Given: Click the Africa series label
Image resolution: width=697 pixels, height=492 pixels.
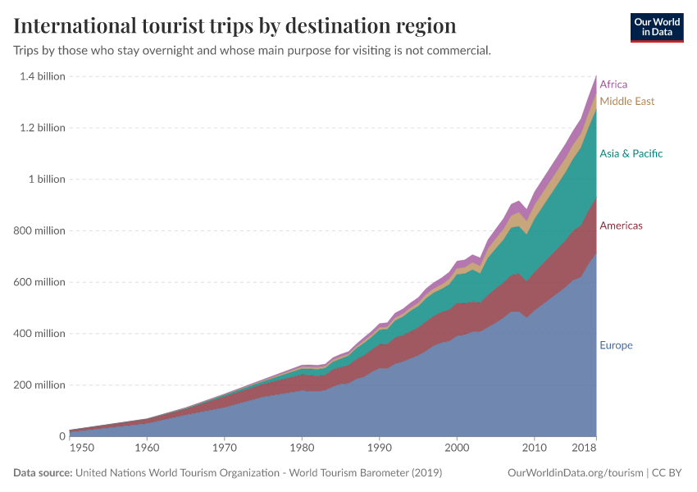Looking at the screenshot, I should pyautogui.click(x=613, y=84).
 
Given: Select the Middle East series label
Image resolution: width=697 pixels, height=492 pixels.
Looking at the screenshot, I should pyautogui.click(x=626, y=102).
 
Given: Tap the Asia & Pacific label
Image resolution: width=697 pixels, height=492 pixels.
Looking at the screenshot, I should pyautogui.click(x=631, y=154).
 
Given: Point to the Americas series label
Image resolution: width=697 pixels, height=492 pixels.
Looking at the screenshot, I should pyautogui.click(x=621, y=225).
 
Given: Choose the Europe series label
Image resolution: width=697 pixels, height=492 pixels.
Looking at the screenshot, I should pyautogui.click(x=616, y=345).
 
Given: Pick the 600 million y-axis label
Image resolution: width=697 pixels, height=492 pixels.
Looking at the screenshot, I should pyautogui.click(x=39, y=282).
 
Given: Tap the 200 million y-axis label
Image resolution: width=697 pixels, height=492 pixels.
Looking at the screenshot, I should pyautogui.click(x=39, y=385).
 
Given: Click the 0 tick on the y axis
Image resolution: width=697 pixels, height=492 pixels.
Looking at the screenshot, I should pyautogui.click(x=61, y=436).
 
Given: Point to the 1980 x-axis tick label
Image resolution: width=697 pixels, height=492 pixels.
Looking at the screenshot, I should pyautogui.click(x=302, y=449).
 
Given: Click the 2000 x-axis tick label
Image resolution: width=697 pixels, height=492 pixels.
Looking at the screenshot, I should pyautogui.click(x=457, y=449).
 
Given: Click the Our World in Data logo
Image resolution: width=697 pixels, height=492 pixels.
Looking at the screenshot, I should pyautogui.click(x=656, y=28).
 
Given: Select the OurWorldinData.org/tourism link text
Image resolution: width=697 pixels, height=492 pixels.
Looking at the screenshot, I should pyautogui.click(x=575, y=473).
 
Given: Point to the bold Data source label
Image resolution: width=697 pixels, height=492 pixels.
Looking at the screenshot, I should pyautogui.click(x=43, y=473).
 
